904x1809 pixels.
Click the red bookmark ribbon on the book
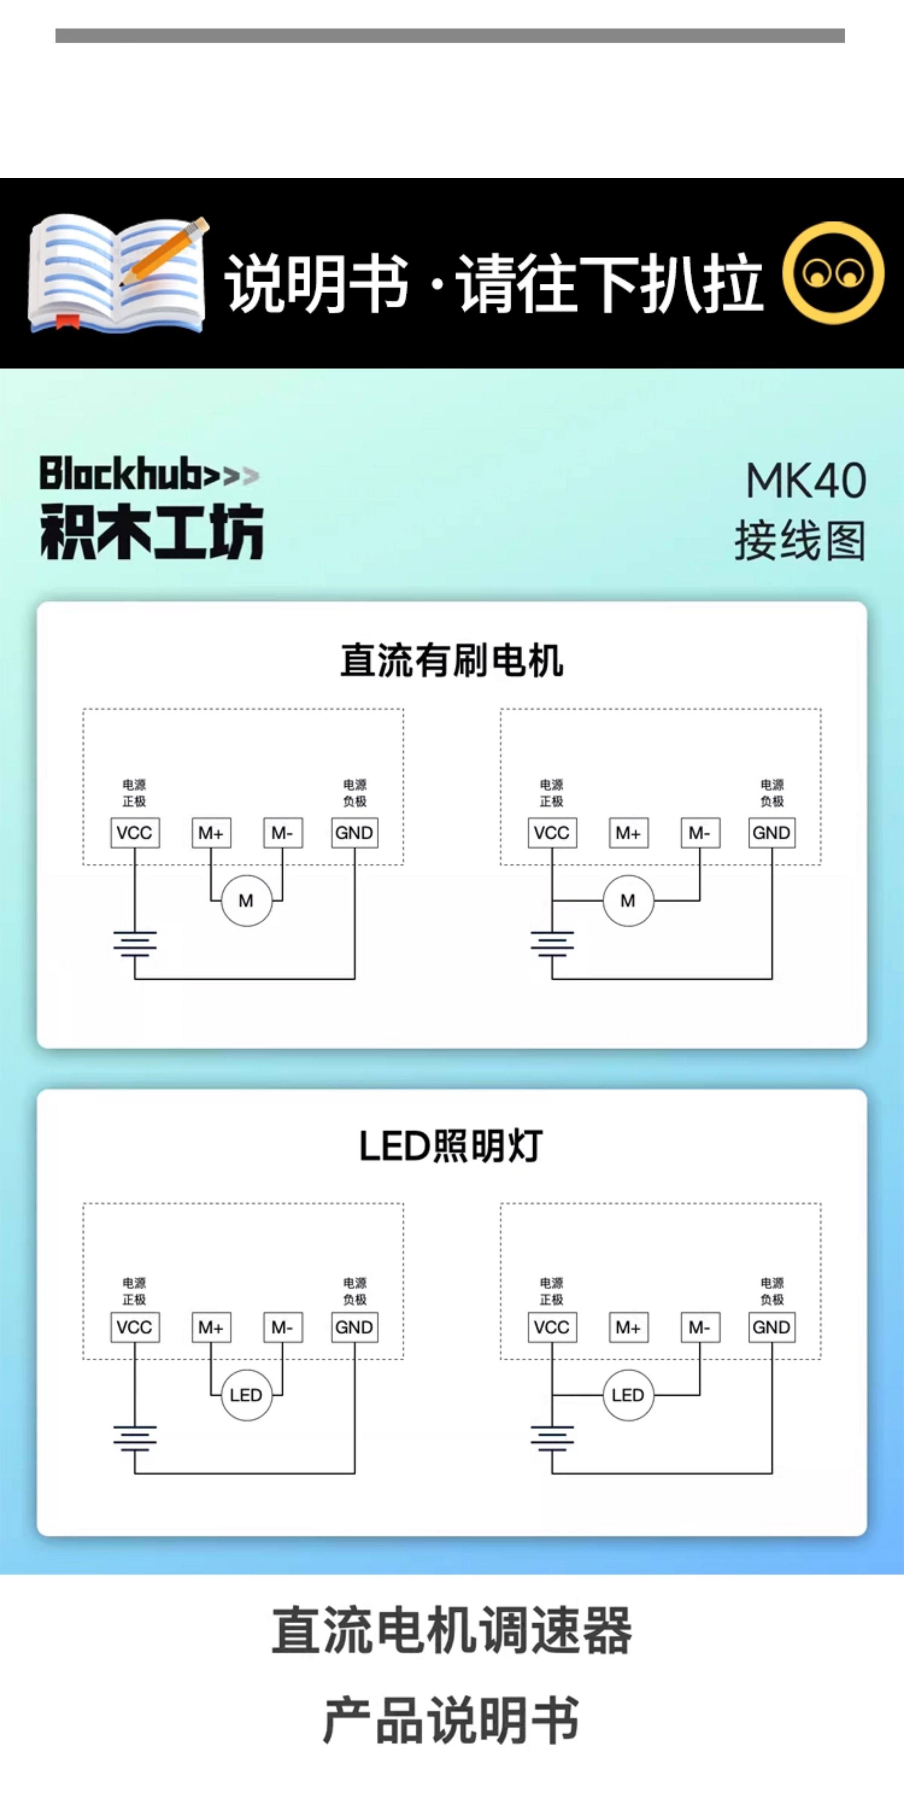coord(67,322)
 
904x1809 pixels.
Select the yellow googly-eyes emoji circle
coord(833,273)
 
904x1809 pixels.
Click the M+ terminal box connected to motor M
coord(211,833)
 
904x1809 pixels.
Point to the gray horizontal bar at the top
coord(450,36)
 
